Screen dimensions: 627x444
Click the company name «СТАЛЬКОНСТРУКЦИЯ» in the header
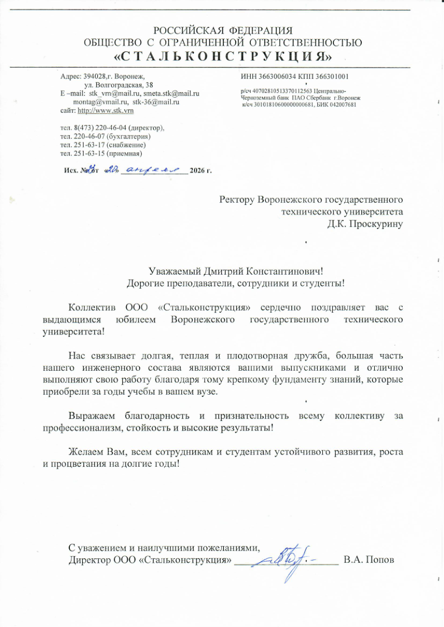[x=223, y=56]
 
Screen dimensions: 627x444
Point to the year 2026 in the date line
[x=198, y=170]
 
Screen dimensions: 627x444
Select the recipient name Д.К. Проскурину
[x=364, y=224]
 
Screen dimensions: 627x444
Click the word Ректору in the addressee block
[x=236, y=199]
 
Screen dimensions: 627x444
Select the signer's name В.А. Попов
[x=369, y=559]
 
